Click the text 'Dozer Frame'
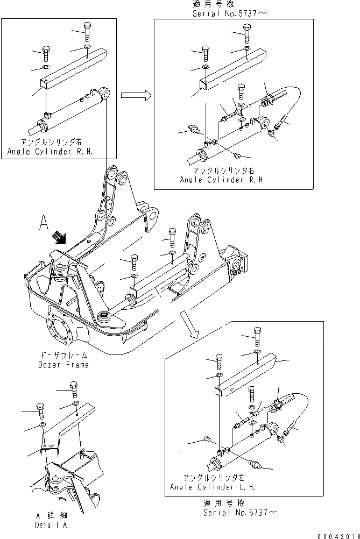coord(63,365)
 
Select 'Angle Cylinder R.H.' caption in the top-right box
coord(222,180)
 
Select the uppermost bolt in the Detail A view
coord(74,386)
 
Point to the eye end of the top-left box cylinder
coord(105,93)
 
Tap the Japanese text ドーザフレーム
coord(63,356)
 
